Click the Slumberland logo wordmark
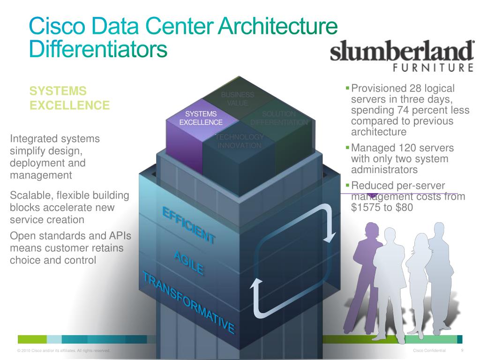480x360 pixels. tap(402, 52)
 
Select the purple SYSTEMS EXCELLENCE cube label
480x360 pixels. tap(201, 118)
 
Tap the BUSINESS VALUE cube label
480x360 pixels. tap(238, 99)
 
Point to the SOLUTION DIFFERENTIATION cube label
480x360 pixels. tap(279, 118)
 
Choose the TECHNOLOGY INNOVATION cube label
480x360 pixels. tap(240, 141)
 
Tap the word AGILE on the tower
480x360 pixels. tap(188, 262)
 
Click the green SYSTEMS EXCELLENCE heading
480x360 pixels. tap(69, 98)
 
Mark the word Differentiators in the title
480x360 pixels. tap(98, 49)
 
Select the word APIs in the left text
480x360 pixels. tap(118, 235)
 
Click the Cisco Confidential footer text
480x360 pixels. tap(430, 351)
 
